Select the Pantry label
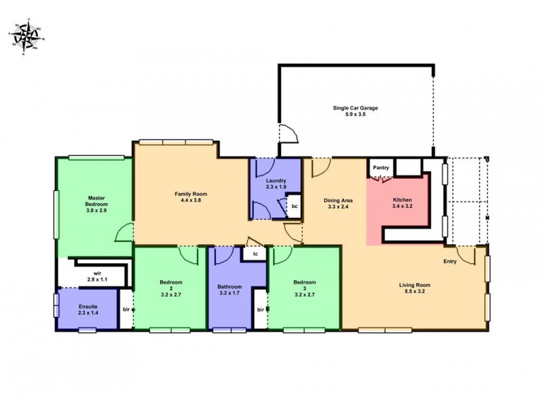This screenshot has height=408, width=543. click(379, 167)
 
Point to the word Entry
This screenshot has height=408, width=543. click(450, 261)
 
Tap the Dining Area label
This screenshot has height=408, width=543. click(337, 203)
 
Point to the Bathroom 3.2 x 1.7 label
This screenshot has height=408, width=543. click(231, 290)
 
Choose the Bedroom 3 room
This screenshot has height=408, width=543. click(304, 289)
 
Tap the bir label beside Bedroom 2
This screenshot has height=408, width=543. click(126, 310)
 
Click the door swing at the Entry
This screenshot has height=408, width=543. click(466, 255)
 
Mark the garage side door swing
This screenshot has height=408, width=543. click(287, 134)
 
